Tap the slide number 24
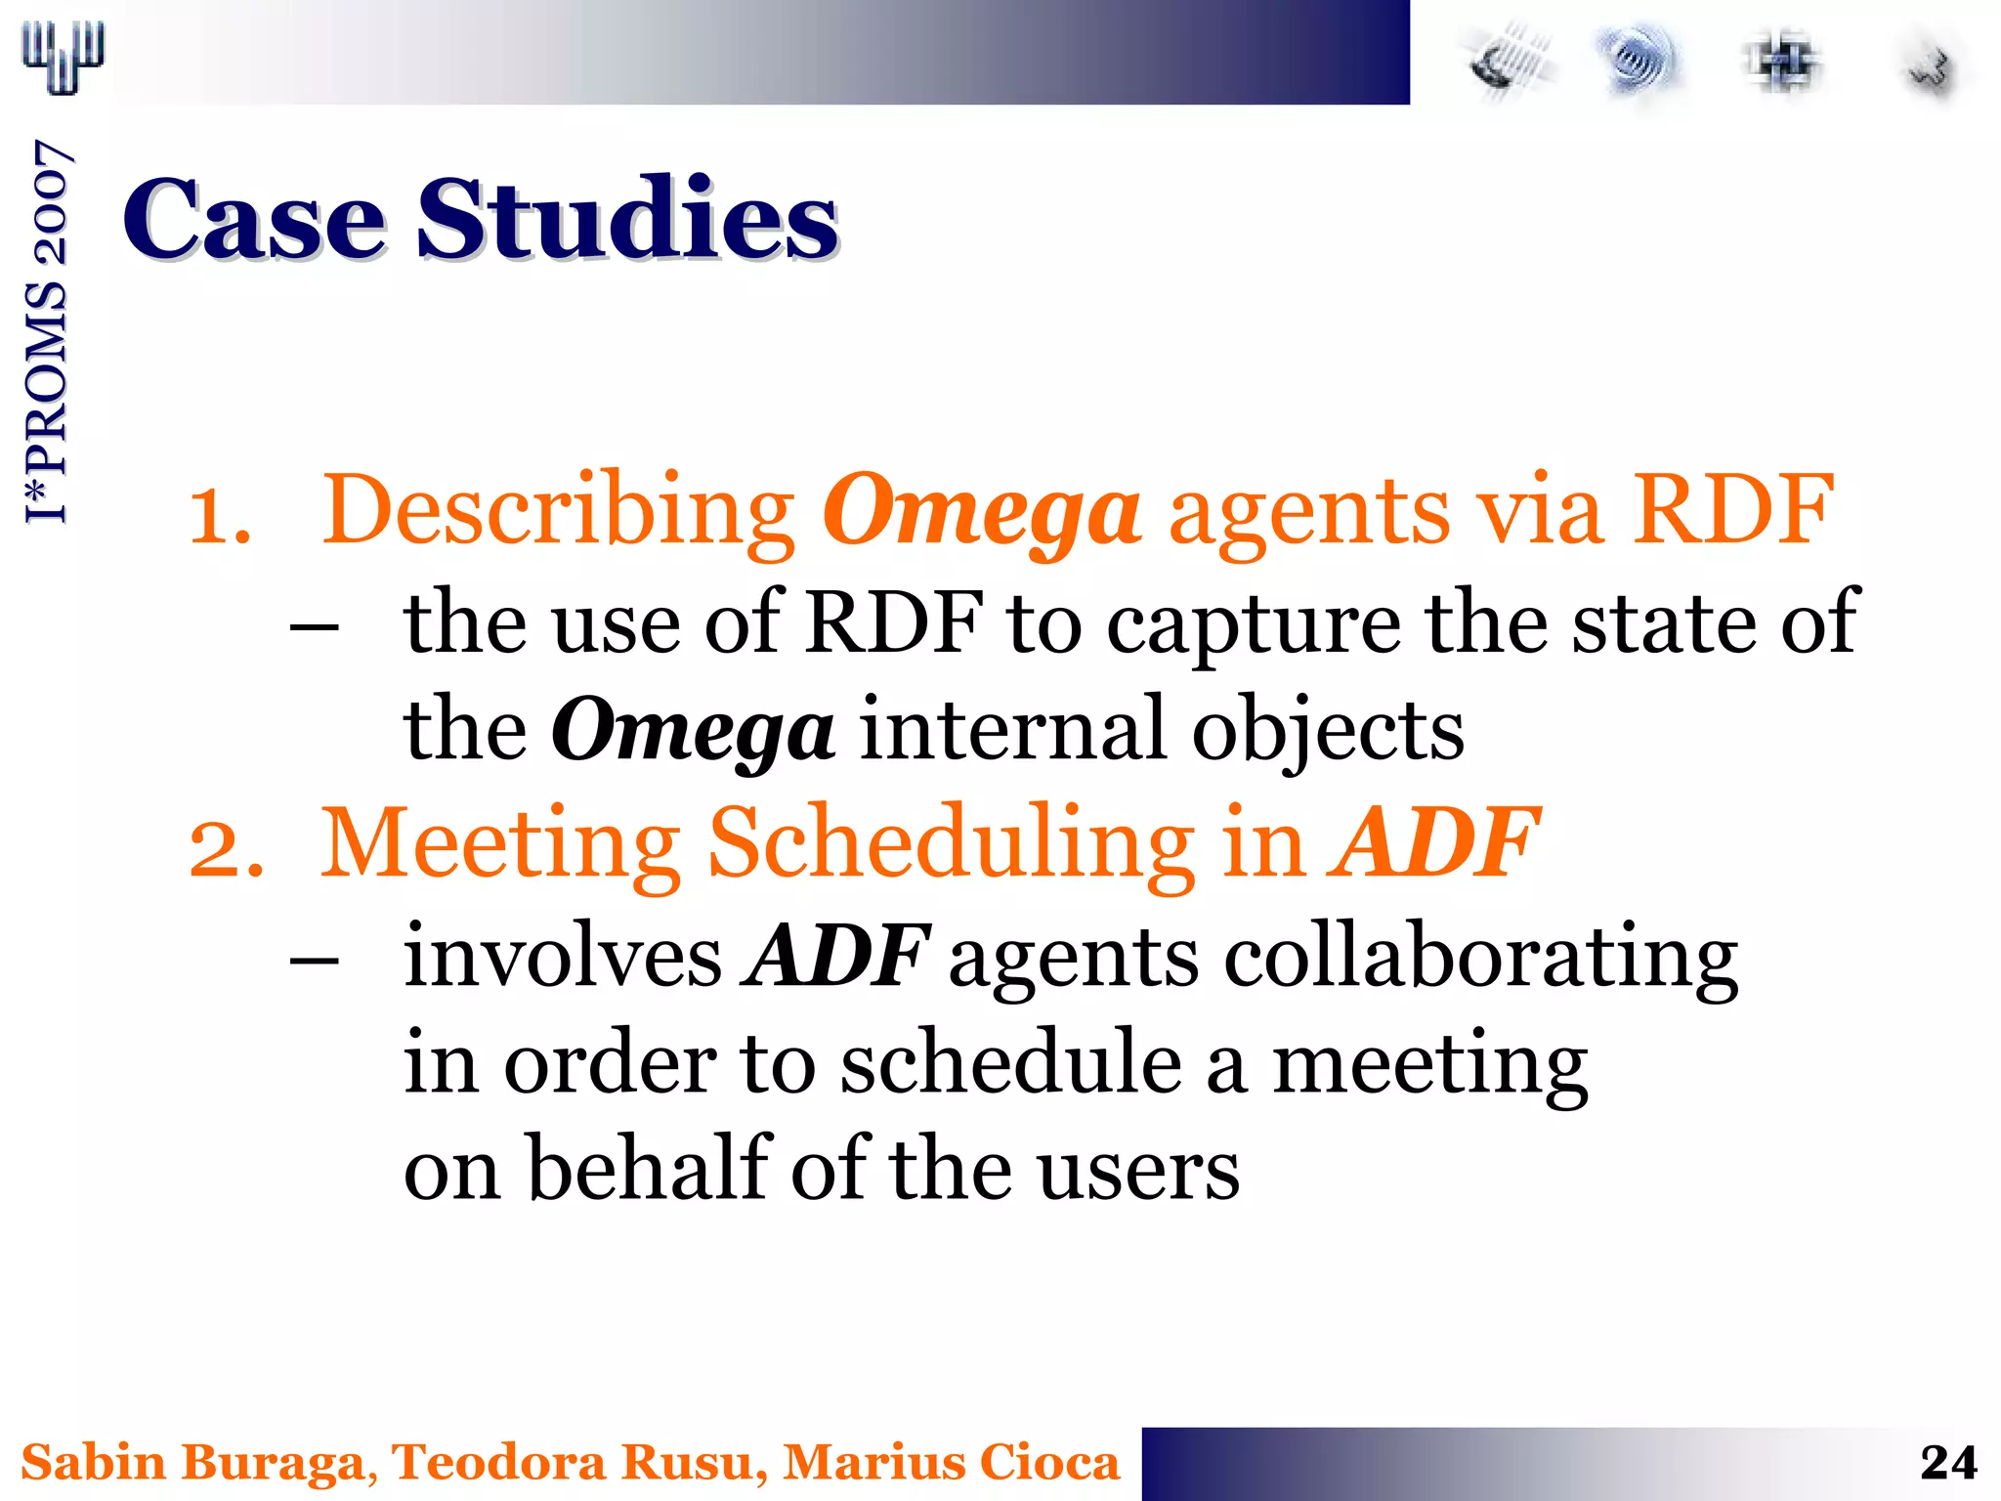tap(1947, 1463)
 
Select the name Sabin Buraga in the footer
tap(192, 1463)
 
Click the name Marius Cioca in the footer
tap(951, 1463)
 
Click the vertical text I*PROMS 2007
tap(47, 332)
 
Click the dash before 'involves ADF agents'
tap(315, 961)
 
